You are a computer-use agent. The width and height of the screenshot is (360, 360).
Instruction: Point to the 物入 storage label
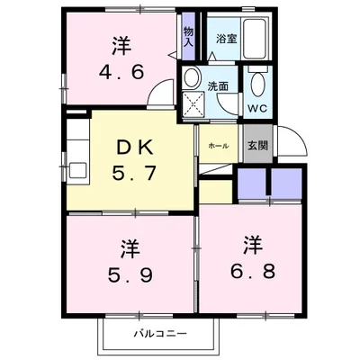coord(189,36)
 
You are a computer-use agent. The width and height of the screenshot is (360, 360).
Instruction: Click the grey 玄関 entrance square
coord(255,146)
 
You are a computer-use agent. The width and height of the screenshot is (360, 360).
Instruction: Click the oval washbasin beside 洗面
coord(192,78)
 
